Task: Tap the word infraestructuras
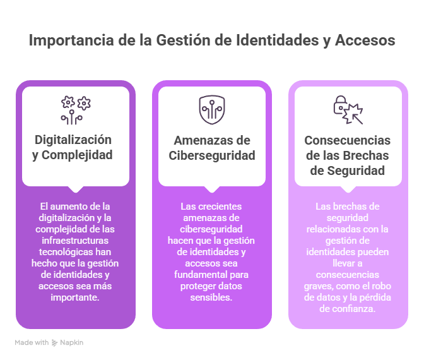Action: [75, 241]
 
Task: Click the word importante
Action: [74, 297]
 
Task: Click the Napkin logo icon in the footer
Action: [55, 343]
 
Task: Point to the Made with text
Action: [32, 343]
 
